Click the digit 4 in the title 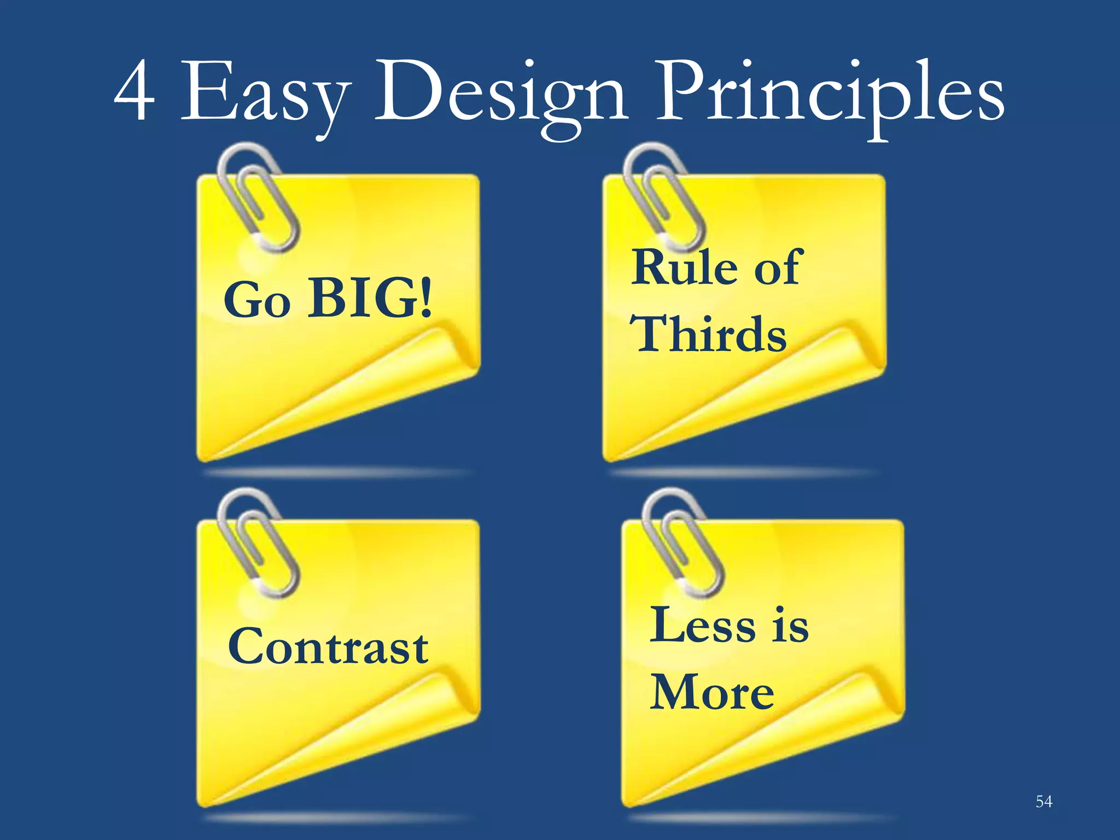click(135, 92)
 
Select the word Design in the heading click(500, 96)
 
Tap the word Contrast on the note click(328, 647)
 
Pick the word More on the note click(712, 692)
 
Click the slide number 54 click(1043, 802)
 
